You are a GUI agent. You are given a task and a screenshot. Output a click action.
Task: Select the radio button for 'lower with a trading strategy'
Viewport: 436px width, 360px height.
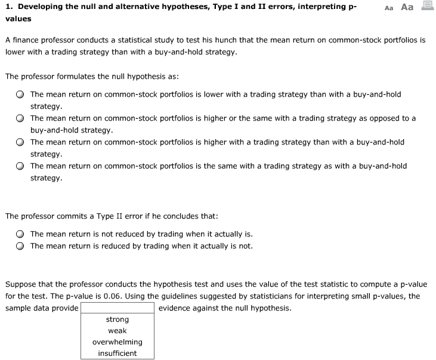20,94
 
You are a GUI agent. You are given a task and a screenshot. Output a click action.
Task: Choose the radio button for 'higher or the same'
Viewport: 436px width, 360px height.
20,118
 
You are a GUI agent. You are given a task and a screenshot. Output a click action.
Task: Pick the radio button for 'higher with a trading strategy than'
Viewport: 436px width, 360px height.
20,142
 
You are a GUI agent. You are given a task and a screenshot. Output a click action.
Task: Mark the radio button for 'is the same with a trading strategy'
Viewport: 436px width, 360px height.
20,166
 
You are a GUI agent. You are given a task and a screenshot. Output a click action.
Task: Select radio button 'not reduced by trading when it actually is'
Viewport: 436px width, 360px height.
20,234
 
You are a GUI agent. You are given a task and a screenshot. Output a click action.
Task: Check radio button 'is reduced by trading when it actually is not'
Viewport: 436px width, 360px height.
20,246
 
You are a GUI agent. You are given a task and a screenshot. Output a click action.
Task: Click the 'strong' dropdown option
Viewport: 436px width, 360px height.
117,319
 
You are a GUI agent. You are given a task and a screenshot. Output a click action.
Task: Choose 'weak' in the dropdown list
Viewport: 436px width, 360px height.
117,331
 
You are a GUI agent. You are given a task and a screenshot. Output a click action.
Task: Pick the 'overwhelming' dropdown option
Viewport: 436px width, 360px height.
117,342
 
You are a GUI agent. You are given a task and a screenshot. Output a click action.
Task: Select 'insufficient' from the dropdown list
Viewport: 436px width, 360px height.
117,353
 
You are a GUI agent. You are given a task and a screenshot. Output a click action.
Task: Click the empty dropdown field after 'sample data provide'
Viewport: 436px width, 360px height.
117,308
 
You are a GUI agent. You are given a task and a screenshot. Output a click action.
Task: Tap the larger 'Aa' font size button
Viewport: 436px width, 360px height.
407,7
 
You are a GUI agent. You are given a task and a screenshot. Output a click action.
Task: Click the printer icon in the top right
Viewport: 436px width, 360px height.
426,7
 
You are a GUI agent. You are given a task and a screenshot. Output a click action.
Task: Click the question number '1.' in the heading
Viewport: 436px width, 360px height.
8,7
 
